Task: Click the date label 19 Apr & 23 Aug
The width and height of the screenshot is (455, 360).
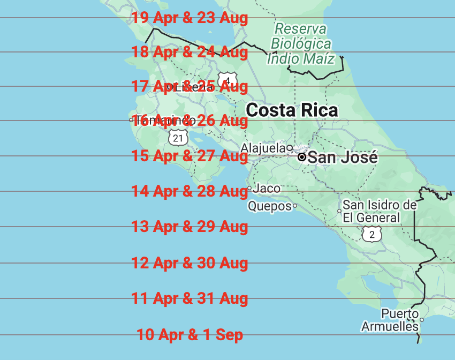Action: pyautogui.click(x=190, y=18)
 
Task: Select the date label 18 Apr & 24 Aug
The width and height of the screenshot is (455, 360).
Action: pyautogui.click(x=190, y=52)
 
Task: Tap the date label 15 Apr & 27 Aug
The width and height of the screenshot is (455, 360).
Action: pyautogui.click(x=190, y=156)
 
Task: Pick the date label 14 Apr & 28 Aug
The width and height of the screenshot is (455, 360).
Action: pyautogui.click(x=190, y=191)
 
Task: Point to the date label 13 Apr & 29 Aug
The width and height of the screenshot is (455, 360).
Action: pyautogui.click(x=190, y=227)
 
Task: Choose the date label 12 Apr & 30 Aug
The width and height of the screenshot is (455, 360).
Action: pyautogui.click(x=190, y=263)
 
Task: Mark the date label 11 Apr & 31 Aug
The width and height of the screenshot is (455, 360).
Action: pyautogui.click(x=190, y=298)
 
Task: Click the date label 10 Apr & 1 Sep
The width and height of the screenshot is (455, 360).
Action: pyautogui.click(x=190, y=335)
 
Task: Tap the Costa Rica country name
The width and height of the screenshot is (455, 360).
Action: pyautogui.click(x=292, y=110)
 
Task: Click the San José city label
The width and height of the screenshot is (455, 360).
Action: pyautogui.click(x=343, y=157)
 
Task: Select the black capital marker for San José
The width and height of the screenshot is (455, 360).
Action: pyautogui.click(x=302, y=157)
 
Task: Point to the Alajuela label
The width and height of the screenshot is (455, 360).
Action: pyautogui.click(x=263, y=148)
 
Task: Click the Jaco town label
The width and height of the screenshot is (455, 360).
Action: pyautogui.click(x=266, y=189)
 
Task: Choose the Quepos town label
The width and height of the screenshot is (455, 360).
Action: pyautogui.click(x=269, y=206)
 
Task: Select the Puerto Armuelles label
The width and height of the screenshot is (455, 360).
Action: pyautogui.click(x=390, y=320)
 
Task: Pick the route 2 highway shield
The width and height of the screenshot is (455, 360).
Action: pyautogui.click(x=372, y=234)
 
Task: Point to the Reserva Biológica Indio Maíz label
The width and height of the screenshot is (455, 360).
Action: pyautogui.click(x=301, y=43)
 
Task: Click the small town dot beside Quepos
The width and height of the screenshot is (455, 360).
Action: pyautogui.click(x=295, y=206)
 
